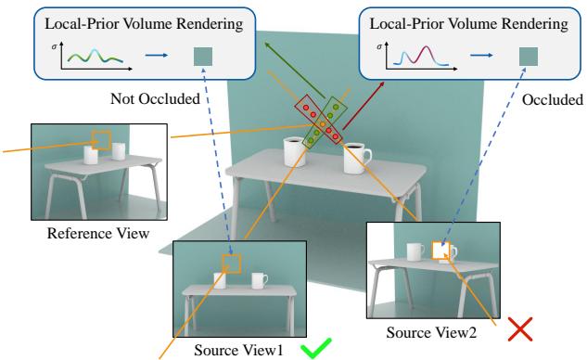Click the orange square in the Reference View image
coord(101,140)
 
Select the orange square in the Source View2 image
coord(441,251)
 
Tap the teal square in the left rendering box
coord(201,58)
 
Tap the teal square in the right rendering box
coord(529,58)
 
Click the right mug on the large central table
coord(356,159)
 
